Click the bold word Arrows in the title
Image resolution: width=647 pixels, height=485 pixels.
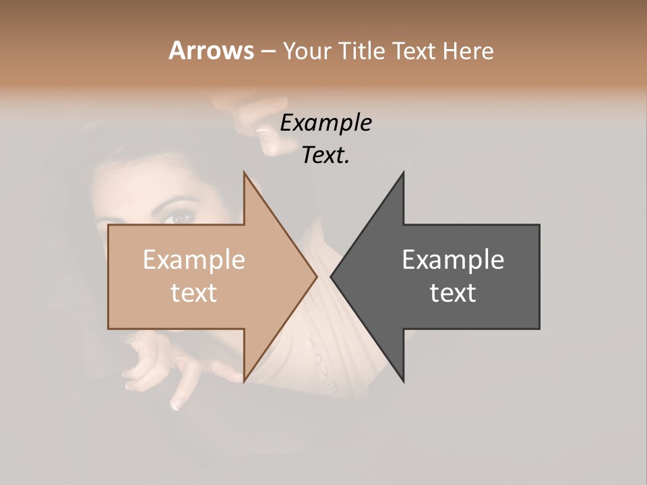211,51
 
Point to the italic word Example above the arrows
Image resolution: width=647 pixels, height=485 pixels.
326,123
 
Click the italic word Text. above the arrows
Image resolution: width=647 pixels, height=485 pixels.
326,156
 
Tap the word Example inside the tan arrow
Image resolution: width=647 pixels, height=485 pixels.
193,260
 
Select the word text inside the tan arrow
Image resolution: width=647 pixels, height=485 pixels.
193,293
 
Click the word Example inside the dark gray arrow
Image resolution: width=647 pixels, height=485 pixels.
453,260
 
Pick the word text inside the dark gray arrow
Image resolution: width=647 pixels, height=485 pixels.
453,293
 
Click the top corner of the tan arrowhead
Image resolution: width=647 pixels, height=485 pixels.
245,173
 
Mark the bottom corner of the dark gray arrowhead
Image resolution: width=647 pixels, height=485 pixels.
403,381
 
